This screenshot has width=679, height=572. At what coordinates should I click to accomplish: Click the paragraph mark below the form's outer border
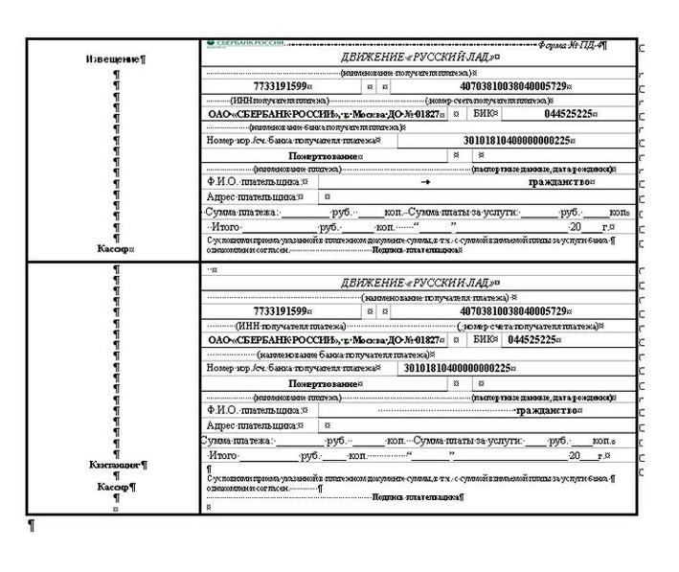tap(33, 526)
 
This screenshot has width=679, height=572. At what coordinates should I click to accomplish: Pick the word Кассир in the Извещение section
tap(115, 248)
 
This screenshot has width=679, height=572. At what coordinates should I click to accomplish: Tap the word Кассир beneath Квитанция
tap(117, 487)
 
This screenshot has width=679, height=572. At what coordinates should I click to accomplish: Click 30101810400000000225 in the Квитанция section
tap(461, 368)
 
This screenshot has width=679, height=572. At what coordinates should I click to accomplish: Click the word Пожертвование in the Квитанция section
tap(326, 383)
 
